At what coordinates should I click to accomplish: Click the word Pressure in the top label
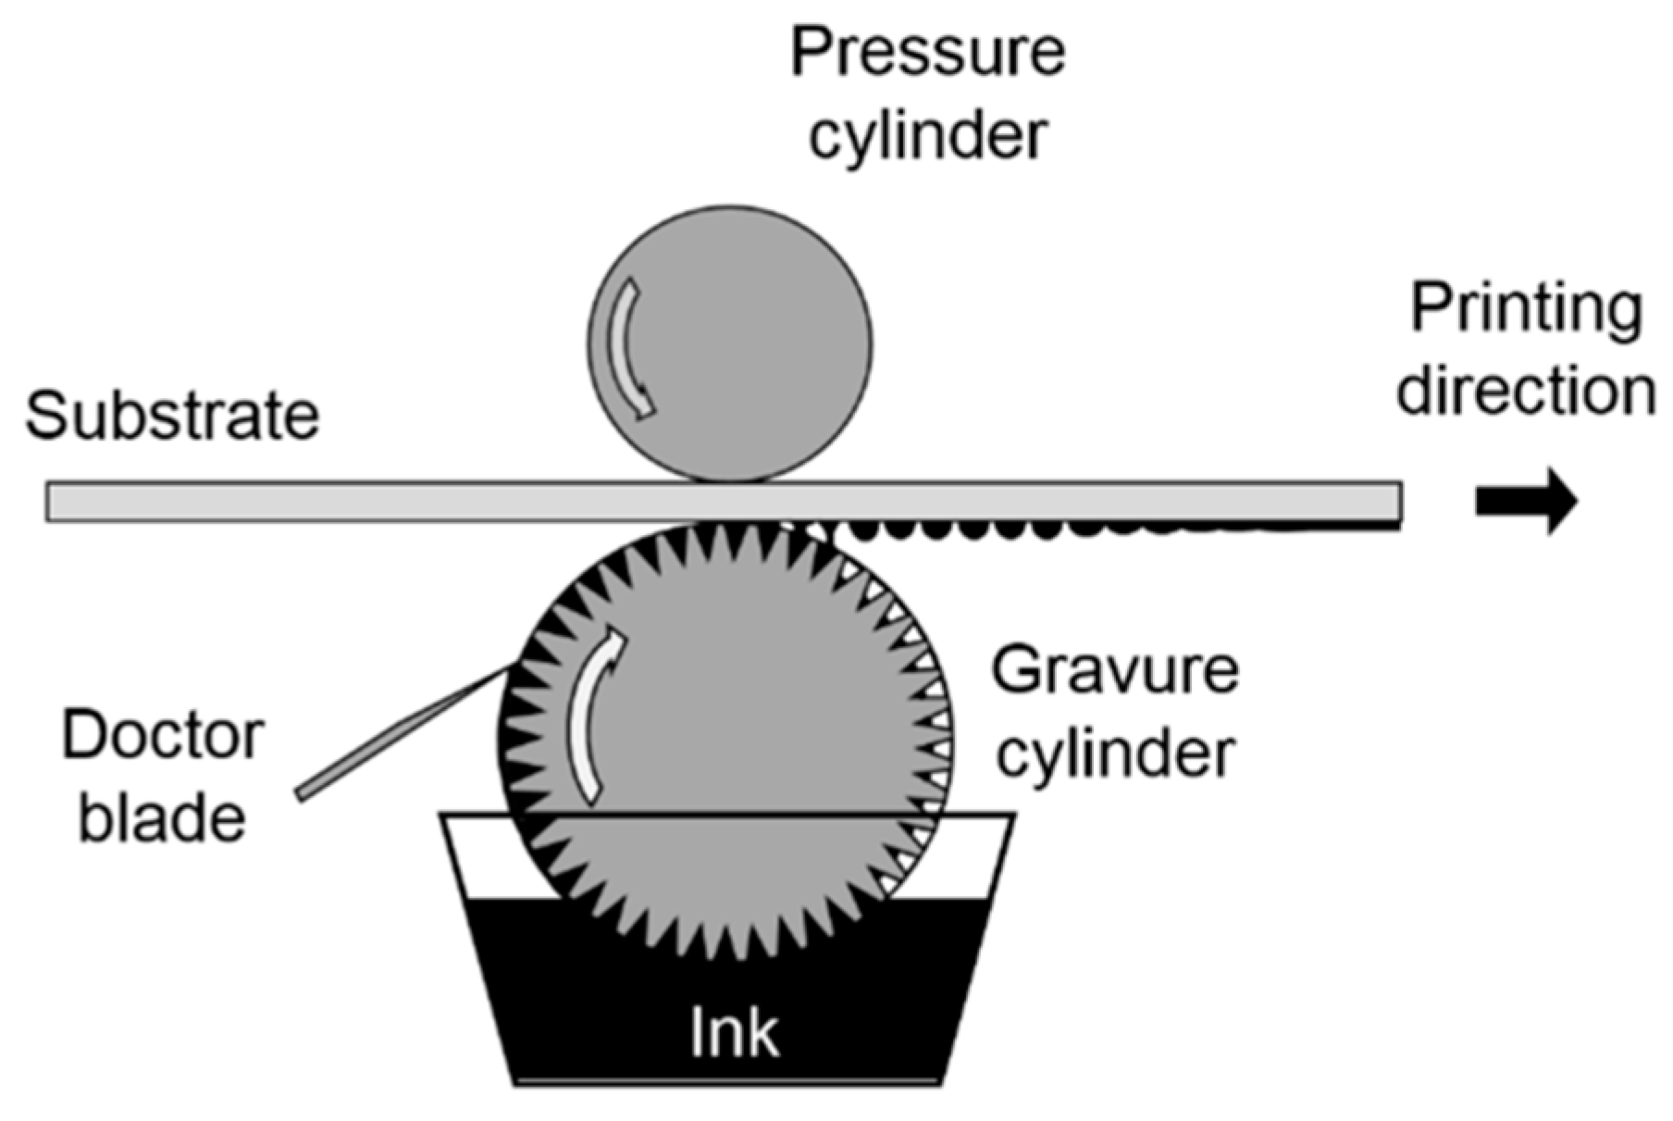point(927,52)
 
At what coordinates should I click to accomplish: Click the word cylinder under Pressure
point(927,135)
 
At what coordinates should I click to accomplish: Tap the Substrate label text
point(172,416)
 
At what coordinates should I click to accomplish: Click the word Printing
point(1526,309)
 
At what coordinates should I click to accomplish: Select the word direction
point(1526,391)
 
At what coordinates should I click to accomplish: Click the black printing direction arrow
point(1526,501)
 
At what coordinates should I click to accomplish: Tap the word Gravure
point(1114,670)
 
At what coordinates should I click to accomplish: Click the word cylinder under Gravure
point(1114,752)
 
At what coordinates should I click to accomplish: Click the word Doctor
point(163,736)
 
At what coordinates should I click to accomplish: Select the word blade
point(162,817)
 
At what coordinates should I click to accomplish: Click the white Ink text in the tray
point(734,1032)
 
